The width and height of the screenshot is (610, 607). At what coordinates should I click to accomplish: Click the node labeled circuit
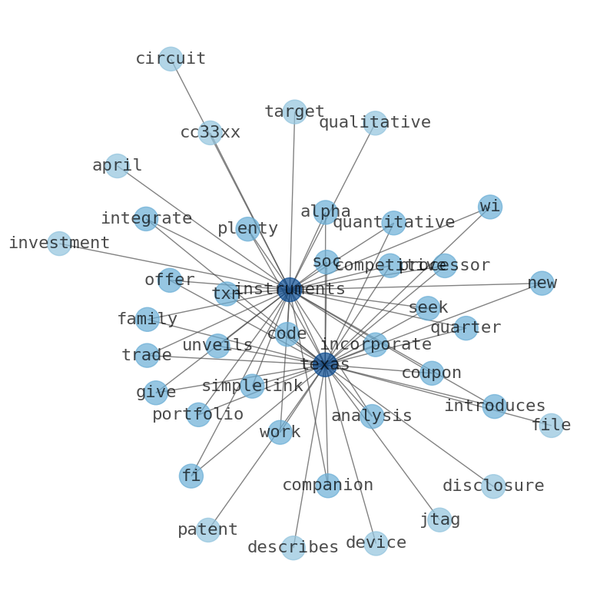(x=171, y=59)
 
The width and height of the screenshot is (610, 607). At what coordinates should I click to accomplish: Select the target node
(x=294, y=112)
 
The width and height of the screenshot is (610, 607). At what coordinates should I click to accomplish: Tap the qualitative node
(x=375, y=123)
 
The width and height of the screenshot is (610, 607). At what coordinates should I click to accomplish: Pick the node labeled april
(x=117, y=166)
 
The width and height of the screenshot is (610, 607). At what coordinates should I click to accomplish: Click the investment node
(x=59, y=244)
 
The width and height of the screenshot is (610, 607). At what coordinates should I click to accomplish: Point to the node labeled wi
(x=490, y=207)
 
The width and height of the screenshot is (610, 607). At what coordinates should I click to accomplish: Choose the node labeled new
(x=542, y=284)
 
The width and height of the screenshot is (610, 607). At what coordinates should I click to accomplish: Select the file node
(x=551, y=426)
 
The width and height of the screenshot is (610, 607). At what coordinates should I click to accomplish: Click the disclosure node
(x=493, y=486)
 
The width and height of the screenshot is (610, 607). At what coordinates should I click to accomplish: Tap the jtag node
(x=439, y=520)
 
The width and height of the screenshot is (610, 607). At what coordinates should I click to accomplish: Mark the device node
(x=376, y=543)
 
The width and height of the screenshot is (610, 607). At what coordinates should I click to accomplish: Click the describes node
(x=293, y=548)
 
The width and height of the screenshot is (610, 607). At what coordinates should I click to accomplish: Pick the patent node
(x=208, y=530)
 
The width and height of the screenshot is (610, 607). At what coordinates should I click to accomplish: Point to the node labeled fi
(x=191, y=476)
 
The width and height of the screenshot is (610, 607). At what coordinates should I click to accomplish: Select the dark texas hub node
(x=325, y=365)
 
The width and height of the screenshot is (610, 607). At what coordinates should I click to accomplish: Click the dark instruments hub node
(x=289, y=290)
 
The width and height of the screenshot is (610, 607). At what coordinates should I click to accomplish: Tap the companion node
(x=328, y=486)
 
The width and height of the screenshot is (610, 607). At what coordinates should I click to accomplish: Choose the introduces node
(x=495, y=406)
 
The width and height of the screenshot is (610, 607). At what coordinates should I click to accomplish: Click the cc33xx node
(x=211, y=133)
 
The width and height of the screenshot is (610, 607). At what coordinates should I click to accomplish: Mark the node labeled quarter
(x=466, y=328)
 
